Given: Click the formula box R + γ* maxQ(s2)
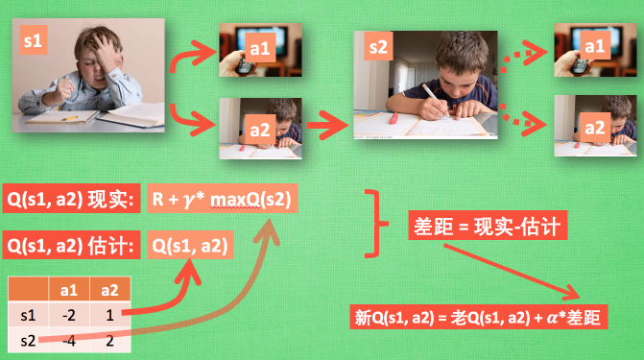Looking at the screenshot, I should click(220, 200).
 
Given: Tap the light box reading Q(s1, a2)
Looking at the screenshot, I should click(190, 246).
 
